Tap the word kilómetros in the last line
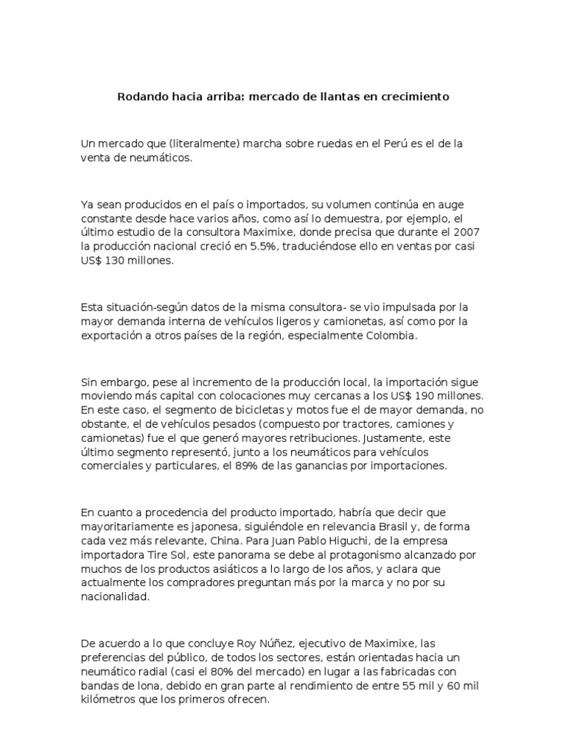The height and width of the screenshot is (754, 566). [x=111, y=700]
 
